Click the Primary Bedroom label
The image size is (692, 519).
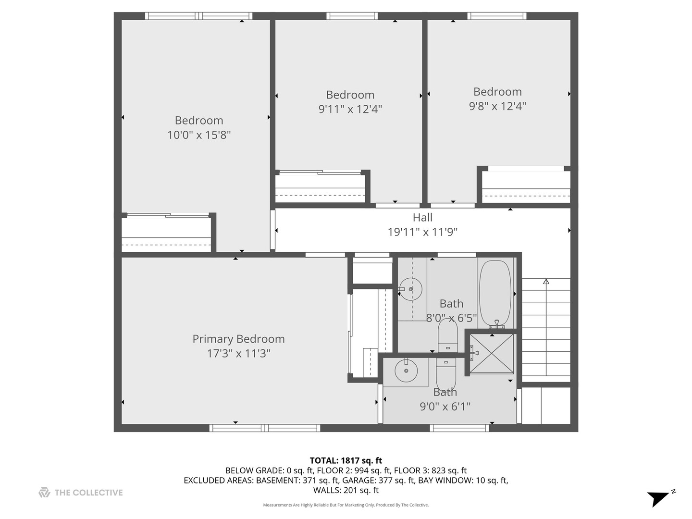click(x=238, y=339)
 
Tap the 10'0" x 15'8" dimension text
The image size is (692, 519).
click(x=199, y=135)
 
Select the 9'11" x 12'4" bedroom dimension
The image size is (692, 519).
click(x=350, y=109)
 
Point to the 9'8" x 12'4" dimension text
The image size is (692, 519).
click(x=497, y=106)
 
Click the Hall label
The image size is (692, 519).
click(x=422, y=218)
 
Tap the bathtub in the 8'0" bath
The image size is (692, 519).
click(x=495, y=293)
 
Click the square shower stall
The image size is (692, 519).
click(x=491, y=353)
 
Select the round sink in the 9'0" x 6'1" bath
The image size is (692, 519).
click(x=407, y=371)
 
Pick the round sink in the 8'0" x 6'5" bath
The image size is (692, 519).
click(x=411, y=289)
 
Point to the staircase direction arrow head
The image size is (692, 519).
click(x=546, y=282)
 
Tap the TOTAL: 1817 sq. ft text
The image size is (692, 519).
click(x=346, y=461)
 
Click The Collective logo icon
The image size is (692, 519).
click(x=44, y=492)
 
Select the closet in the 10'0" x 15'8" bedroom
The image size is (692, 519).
click(x=166, y=234)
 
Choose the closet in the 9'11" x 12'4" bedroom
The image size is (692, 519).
click(x=320, y=187)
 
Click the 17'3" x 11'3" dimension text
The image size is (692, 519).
click(x=238, y=354)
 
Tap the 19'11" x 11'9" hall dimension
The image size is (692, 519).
click(x=422, y=232)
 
